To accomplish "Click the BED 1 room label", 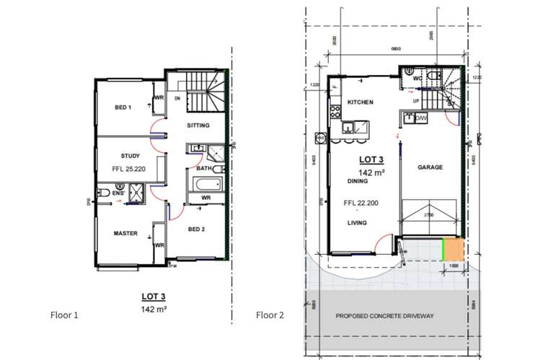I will coord(123,107).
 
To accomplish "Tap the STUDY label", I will coord(130,155).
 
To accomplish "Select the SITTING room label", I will coord(198,126).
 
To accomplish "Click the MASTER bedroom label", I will coord(125,233).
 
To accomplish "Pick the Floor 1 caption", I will coord(64,315).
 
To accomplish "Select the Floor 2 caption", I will coord(270,315).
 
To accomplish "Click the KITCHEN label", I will coord(360,102).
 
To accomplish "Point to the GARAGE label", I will coord(430,167).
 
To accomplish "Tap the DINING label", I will coord(357,181).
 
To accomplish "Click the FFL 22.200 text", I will coord(360,203).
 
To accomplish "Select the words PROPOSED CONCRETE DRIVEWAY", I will coord(384,316).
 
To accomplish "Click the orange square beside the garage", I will coord(452,249).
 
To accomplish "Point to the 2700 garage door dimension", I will coord(428,215).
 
